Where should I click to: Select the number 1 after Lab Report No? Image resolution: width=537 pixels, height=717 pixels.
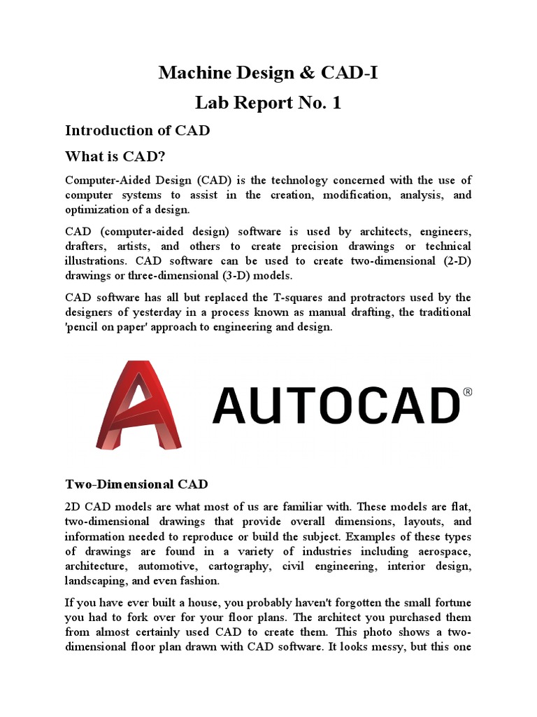[x=336, y=103]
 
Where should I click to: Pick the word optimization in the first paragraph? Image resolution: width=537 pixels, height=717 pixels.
[x=98, y=209]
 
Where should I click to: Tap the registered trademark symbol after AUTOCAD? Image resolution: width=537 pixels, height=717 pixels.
[x=468, y=393]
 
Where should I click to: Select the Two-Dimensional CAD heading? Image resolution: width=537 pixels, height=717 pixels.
[x=136, y=484]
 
